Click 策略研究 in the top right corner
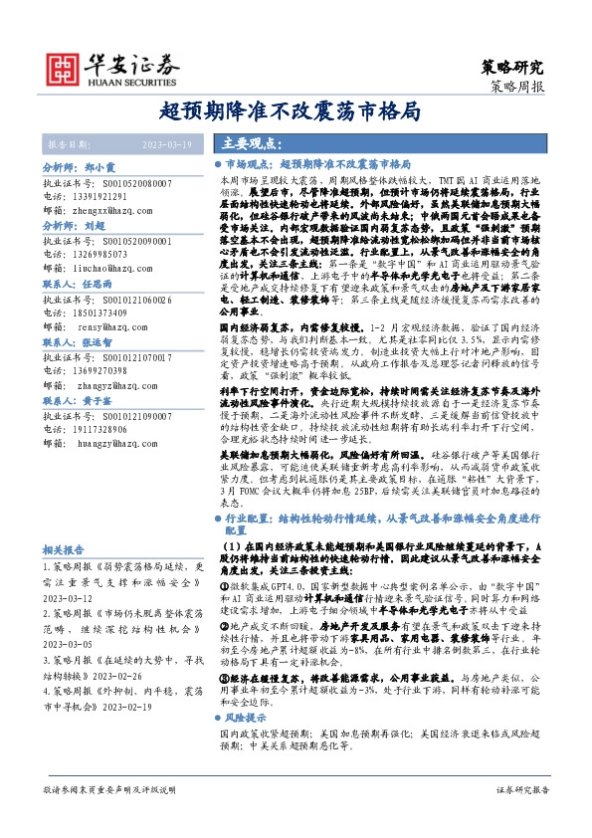coord(513,68)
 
